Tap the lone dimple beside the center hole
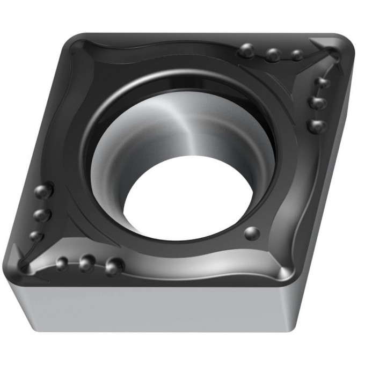251,233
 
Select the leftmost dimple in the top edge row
247,50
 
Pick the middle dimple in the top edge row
273,54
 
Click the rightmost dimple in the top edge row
296,55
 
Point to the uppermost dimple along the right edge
322,82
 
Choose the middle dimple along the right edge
318,102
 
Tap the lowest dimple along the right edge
317,126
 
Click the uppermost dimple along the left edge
43,191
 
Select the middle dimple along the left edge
41,215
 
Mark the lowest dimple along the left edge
36,236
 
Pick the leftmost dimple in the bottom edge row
62,263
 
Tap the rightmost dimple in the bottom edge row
113,266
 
